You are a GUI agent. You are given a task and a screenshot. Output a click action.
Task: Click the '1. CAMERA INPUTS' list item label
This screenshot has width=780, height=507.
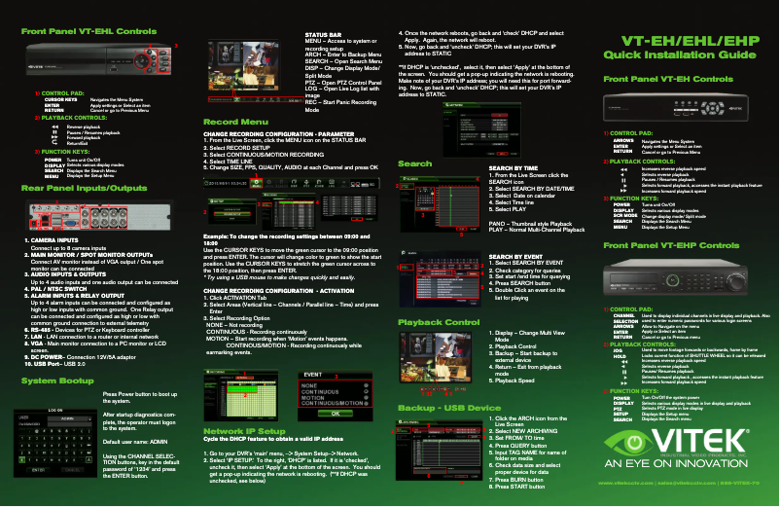52,238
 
